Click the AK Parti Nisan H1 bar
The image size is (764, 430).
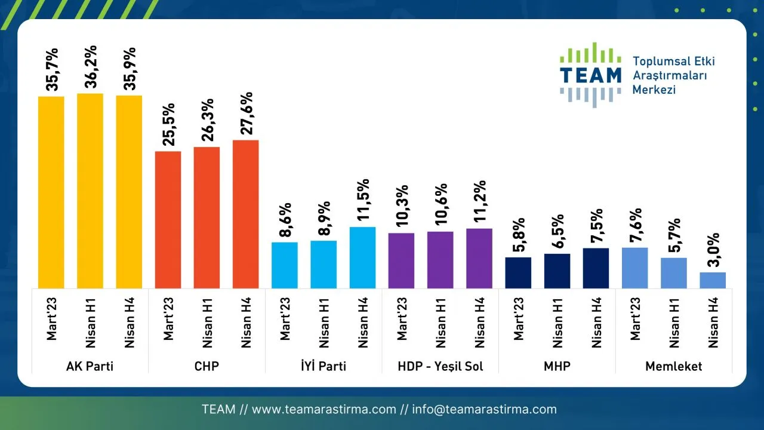pyautogui.click(x=90, y=191)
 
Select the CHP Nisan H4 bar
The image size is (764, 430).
pyautogui.click(x=246, y=214)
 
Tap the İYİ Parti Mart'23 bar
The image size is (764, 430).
pyautogui.click(x=285, y=265)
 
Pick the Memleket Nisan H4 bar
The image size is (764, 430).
pyautogui.click(x=713, y=281)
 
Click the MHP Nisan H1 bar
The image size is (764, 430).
pyautogui.click(x=557, y=271)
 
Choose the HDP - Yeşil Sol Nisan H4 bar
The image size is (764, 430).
pyautogui.click(x=479, y=259)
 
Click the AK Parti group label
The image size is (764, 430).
pyautogui.click(x=90, y=366)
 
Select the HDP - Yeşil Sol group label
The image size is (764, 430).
pyautogui.click(x=440, y=366)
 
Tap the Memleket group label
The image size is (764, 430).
pyautogui.click(x=674, y=366)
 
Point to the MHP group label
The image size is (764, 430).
pyautogui.click(x=557, y=366)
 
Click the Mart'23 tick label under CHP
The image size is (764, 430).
pyautogui.click(x=168, y=320)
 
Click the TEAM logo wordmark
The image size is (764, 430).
pyautogui.click(x=590, y=75)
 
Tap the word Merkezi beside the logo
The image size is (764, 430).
pyautogui.click(x=654, y=90)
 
